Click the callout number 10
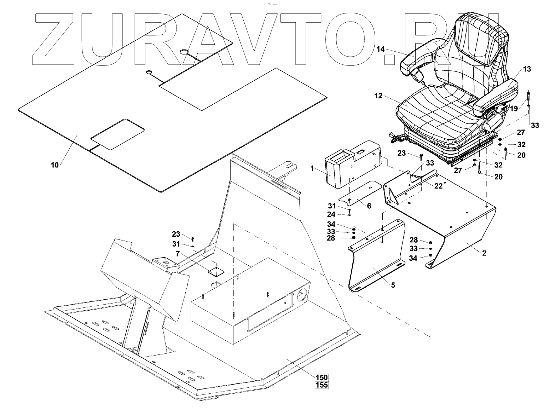55,165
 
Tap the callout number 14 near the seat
380,50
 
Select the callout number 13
527,69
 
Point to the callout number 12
378,96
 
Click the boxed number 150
322,377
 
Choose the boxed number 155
322,385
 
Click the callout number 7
178,254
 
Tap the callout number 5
393,285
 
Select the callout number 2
484,253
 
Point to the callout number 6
369,206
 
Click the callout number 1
312,169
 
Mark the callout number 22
438,186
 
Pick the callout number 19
514,109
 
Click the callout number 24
331,214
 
